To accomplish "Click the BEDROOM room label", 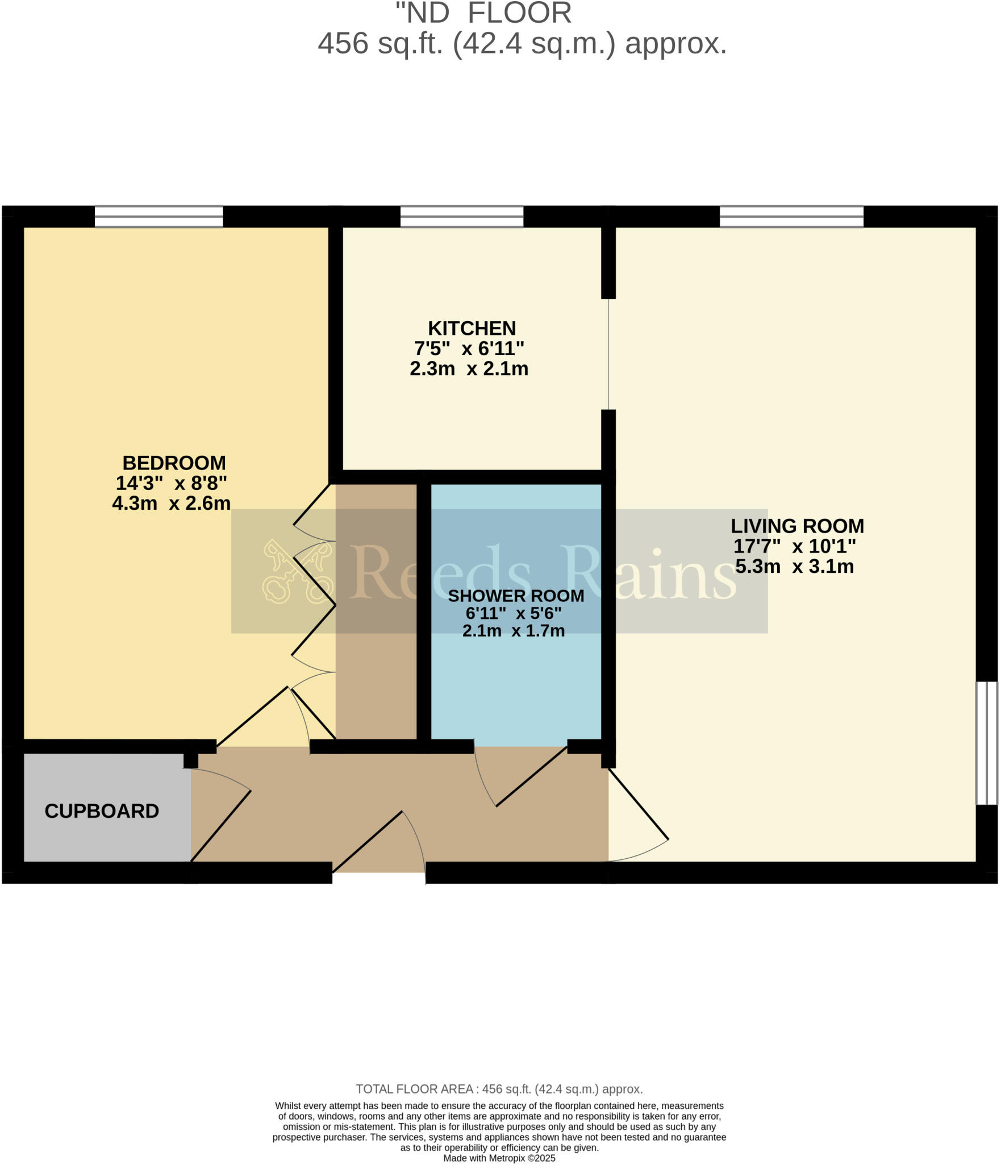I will [x=174, y=463].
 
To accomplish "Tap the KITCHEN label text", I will [x=472, y=329].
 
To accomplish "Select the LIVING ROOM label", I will [x=797, y=526].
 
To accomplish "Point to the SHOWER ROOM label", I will [x=516, y=596].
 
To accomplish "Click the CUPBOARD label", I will [x=102, y=811].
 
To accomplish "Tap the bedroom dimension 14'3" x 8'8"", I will [x=172, y=483].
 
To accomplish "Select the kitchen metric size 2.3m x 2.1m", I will [x=469, y=369].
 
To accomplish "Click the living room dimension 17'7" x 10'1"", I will [x=794, y=546].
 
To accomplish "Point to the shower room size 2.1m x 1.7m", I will [x=514, y=631].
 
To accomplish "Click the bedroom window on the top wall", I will [x=159, y=217].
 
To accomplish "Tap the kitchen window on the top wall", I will [x=461, y=217].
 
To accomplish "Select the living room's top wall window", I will [x=791, y=217].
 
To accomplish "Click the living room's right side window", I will [x=987, y=743].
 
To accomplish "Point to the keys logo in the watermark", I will [x=297, y=571].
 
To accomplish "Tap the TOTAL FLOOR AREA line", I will [x=499, y=1089].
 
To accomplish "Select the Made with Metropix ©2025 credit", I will [x=499, y=1158].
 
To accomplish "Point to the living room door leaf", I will [x=639, y=803].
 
